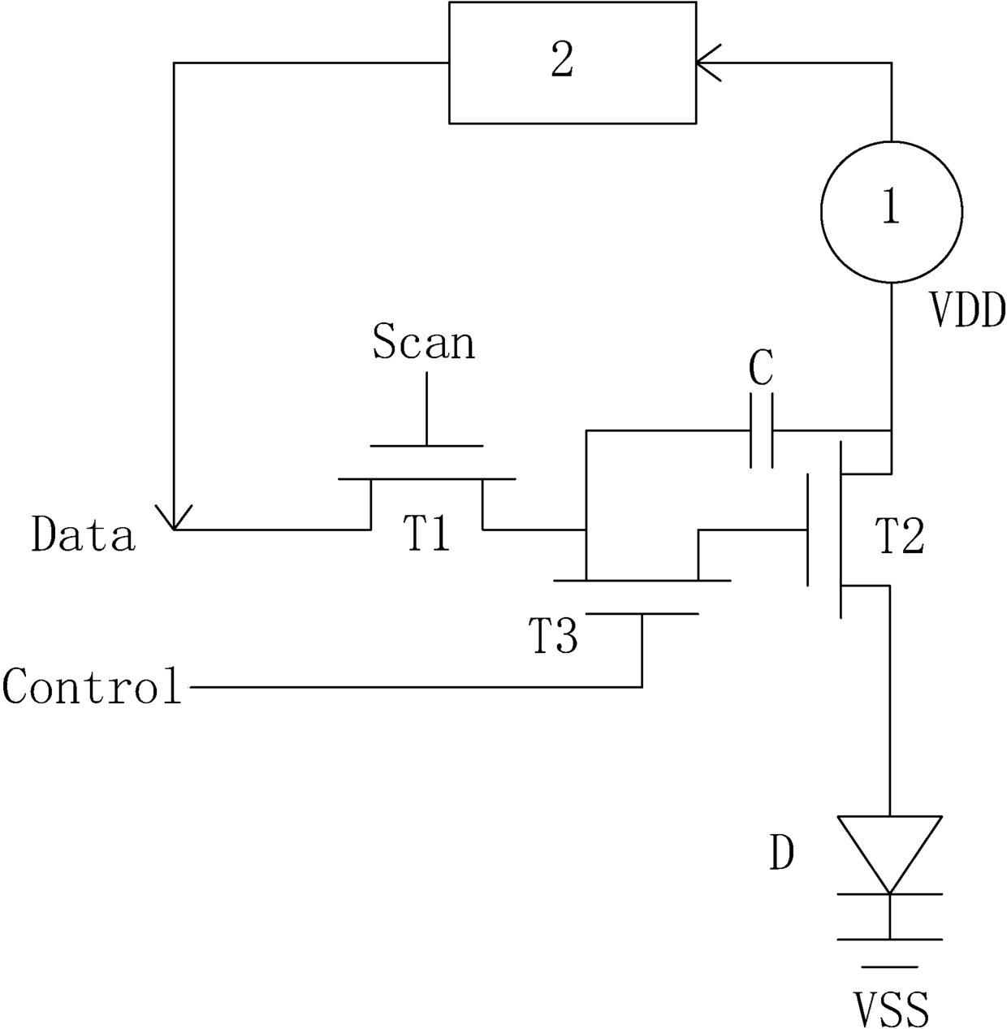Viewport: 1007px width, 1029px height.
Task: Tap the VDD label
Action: [x=967, y=312]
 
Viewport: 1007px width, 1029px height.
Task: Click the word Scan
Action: [x=424, y=342]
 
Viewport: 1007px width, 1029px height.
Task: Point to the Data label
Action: [x=83, y=534]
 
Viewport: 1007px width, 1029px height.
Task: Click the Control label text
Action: [x=92, y=685]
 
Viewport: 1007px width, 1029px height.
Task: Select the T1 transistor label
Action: [x=427, y=534]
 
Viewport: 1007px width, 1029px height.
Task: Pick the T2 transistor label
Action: [x=900, y=537]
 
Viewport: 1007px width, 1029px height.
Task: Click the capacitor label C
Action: [x=761, y=368]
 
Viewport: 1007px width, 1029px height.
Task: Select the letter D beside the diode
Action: [x=781, y=853]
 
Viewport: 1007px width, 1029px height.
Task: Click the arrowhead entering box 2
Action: [x=708, y=63]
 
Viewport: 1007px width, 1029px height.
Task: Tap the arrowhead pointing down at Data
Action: [x=174, y=517]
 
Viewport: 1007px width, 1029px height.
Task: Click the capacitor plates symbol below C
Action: [x=761, y=431]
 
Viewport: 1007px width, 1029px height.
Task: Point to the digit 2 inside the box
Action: [x=563, y=60]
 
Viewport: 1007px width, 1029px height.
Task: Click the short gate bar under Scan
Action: [x=426, y=445]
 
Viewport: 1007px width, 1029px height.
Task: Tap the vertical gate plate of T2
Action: [x=808, y=530]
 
